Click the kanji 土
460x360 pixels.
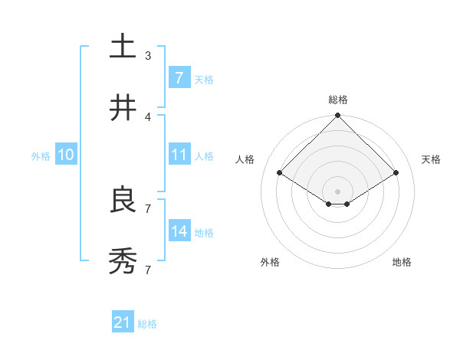click(x=123, y=46)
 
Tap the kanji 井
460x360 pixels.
click(x=123, y=108)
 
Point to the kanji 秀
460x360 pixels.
click(x=123, y=261)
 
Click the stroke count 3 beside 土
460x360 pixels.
click(x=148, y=56)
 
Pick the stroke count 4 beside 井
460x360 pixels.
click(x=148, y=117)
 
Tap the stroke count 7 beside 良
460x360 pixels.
click(x=148, y=208)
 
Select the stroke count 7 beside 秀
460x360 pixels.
click(x=148, y=270)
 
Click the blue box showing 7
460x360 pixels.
click(x=179, y=77)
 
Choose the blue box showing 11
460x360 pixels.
click(x=179, y=155)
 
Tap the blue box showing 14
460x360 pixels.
click(x=179, y=231)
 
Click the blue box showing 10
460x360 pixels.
click(x=66, y=155)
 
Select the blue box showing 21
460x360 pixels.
click(x=123, y=322)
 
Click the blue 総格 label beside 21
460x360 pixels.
click(x=147, y=324)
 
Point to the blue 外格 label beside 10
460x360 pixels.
click(x=41, y=156)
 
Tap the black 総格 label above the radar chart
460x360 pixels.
click(x=338, y=100)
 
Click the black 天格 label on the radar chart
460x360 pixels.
click(x=432, y=159)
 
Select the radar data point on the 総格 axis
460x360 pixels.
click(x=338, y=116)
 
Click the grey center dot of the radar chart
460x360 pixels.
click(x=338, y=191)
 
